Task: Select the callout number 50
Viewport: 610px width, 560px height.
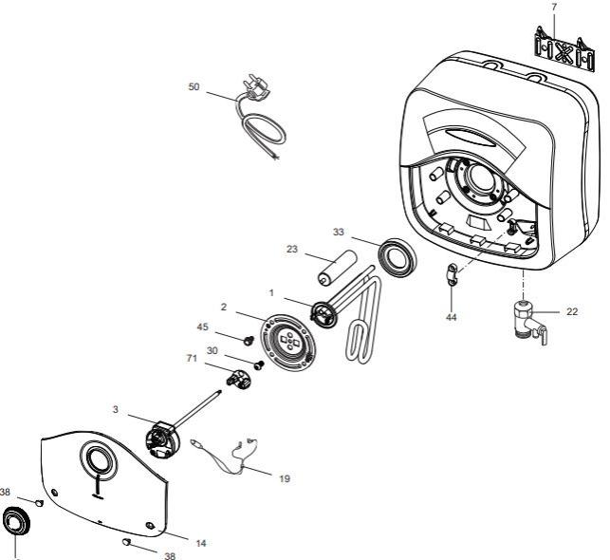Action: click(x=194, y=86)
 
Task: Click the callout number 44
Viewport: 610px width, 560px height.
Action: click(x=452, y=317)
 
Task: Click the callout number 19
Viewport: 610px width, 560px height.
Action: click(x=284, y=480)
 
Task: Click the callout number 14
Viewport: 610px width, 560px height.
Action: click(x=200, y=544)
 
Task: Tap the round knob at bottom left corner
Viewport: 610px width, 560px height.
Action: click(x=16, y=524)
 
